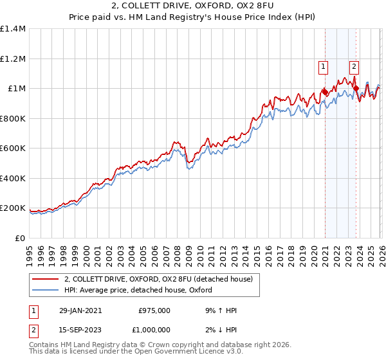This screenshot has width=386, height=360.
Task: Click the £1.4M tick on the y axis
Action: (13, 29)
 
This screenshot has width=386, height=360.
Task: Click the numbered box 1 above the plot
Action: (322, 65)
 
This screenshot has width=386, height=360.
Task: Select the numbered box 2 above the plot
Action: (354, 65)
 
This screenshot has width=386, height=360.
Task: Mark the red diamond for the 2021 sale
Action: (325, 93)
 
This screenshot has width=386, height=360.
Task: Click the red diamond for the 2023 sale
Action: (356, 89)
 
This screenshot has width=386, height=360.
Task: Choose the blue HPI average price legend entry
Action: (142, 291)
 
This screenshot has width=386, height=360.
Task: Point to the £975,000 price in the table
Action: (154, 310)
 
